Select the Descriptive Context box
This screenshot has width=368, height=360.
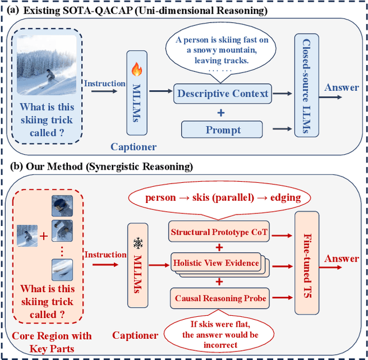pyautogui.click(x=223, y=93)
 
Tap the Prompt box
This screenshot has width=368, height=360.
pyautogui.click(x=221, y=129)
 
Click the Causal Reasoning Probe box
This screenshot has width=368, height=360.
pyautogui.click(x=220, y=298)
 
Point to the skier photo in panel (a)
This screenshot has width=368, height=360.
pyautogui.click(x=47, y=63)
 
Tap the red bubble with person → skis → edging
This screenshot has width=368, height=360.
pyautogui.click(x=223, y=197)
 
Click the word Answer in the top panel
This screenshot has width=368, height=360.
pyautogui.click(x=342, y=87)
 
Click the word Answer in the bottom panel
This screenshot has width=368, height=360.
pyautogui.click(x=342, y=259)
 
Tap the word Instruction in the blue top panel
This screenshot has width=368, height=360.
pyautogui.click(x=105, y=83)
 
